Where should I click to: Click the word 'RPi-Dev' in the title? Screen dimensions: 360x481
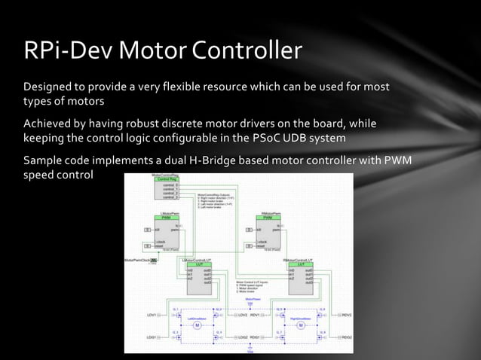pyautogui.click(x=67, y=50)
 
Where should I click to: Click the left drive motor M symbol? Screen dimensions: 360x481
pyautogui.click(x=198, y=326)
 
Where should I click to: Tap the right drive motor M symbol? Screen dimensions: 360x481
pyautogui.click(x=300, y=326)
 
